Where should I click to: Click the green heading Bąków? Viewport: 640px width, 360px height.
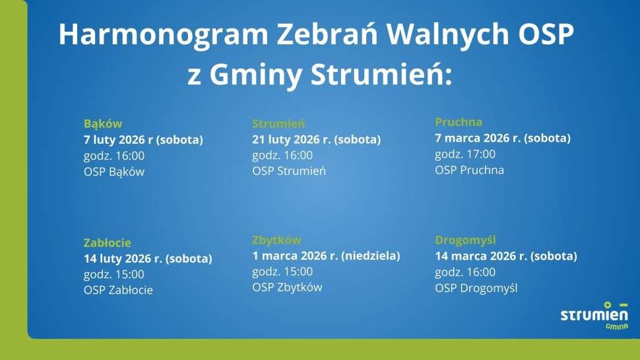103,123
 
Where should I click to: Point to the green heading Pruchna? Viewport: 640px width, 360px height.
459,122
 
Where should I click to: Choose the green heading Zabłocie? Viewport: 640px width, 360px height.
108,243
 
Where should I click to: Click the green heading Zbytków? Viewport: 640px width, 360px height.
276,240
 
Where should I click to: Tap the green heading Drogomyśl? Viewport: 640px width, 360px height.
465,240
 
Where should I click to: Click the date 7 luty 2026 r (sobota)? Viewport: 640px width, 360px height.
143,140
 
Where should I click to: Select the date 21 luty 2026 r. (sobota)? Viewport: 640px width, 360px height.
317,140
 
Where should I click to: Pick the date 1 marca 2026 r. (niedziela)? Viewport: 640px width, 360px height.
326,256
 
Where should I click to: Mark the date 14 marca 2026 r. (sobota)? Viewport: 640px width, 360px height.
505,256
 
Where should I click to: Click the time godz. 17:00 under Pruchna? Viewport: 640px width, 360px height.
465,154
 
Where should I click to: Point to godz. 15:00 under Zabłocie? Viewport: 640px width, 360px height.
113,274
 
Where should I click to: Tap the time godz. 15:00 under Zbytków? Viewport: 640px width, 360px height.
282,272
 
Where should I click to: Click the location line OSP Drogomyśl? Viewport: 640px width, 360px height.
476,288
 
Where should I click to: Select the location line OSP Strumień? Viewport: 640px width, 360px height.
289,171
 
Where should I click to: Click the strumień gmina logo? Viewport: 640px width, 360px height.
594,316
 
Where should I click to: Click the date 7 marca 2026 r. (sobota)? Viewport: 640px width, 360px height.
502,138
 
